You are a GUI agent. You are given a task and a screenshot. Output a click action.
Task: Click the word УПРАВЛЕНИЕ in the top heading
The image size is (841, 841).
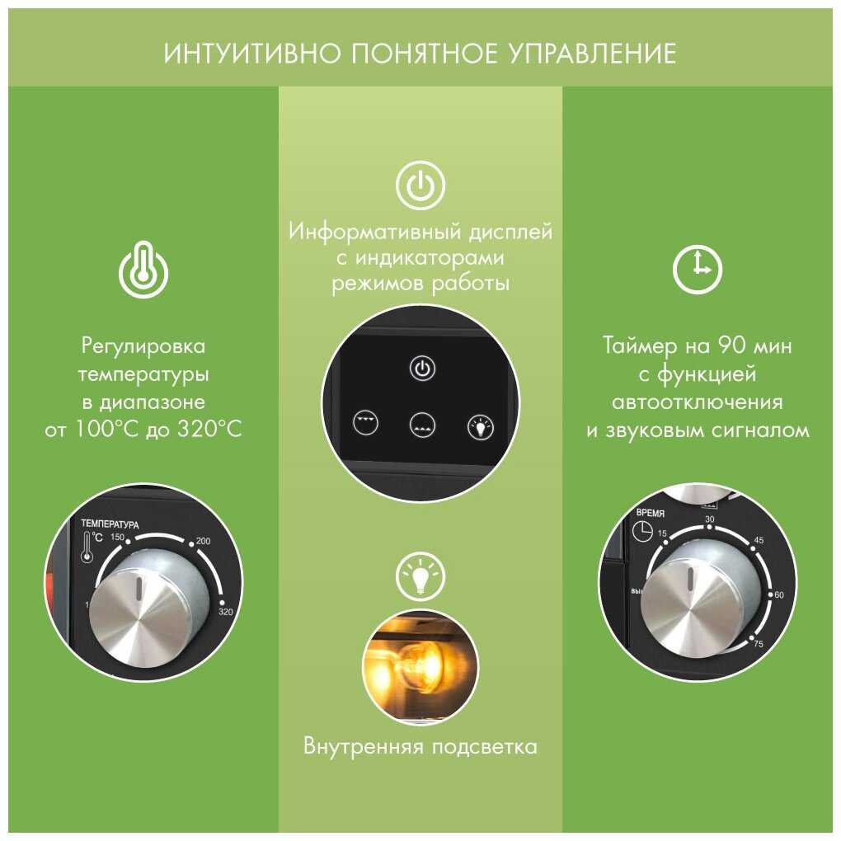coord(592,53)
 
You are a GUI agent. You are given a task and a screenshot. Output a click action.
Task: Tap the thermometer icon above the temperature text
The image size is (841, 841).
coord(143,270)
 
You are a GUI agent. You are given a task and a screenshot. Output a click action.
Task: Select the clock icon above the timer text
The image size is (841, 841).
coord(698,270)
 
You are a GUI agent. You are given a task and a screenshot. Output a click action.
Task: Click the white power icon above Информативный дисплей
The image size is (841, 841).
coord(420,186)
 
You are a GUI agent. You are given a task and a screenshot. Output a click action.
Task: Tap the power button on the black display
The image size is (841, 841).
coord(422,369)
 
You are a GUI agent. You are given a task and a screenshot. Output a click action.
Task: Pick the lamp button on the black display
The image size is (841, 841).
coord(480,427)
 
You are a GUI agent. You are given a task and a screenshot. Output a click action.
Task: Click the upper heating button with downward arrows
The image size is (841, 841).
coord(365,422)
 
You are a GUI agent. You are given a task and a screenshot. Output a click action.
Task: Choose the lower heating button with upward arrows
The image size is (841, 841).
coord(422,425)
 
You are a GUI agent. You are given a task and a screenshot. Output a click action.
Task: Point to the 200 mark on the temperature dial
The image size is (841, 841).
coord(203,541)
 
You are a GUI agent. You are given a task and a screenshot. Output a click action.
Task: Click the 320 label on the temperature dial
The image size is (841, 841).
coord(226,612)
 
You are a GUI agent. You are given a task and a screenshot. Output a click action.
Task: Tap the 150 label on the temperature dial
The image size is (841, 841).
coord(117,537)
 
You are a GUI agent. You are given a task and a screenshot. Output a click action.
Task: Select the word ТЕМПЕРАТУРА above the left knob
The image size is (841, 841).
coord(110,524)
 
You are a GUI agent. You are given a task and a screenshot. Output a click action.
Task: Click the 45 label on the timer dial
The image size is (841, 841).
coord(759,539)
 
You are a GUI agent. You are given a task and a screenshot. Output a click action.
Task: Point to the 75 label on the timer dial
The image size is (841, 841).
coord(758,643)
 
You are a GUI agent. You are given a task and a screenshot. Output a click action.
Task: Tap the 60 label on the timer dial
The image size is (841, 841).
coord(779,594)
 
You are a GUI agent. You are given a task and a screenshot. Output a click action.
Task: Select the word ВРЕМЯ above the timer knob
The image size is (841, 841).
coord(650,513)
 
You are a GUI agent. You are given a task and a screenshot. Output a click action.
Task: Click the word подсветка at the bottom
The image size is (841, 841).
coord(484,746)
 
